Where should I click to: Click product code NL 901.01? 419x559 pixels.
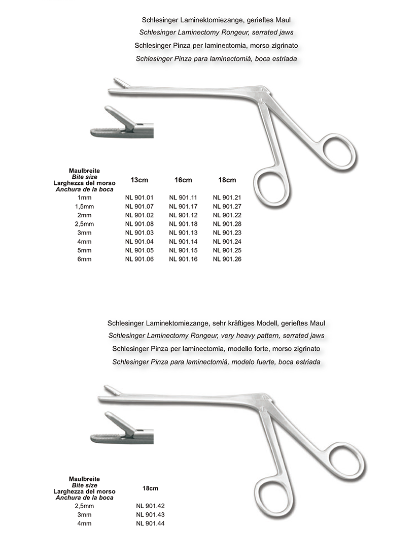pyautogui.click(x=139, y=197)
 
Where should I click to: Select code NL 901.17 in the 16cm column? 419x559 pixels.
pyautogui.click(x=183, y=206)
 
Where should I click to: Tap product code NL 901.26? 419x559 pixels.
pyautogui.click(x=227, y=259)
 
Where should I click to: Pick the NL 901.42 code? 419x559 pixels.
pyautogui.click(x=151, y=506)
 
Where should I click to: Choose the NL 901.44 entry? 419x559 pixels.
pyautogui.click(x=151, y=523)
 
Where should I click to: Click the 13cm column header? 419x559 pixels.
pyautogui.click(x=139, y=180)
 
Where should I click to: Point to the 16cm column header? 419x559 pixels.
pyautogui.click(x=183, y=180)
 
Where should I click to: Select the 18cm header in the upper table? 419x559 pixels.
pyautogui.click(x=227, y=180)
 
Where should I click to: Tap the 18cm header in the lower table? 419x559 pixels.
pyautogui.click(x=150, y=488)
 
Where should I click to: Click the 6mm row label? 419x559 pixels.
pyautogui.click(x=84, y=259)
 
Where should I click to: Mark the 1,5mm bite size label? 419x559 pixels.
pyautogui.click(x=84, y=206)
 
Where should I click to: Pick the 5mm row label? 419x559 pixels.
pyautogui.click(x=84, y=250)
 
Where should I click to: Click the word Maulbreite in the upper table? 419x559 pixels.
pyautogui.click(x=84, y=171)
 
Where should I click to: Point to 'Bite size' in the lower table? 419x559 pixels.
pyautogui.click(x=84, y=485)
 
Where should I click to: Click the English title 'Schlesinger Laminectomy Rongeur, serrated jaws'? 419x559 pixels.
pyautogui.click(x=216, y=32)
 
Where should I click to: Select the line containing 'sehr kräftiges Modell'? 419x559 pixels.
pyautogui.click(x=216, y=323)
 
